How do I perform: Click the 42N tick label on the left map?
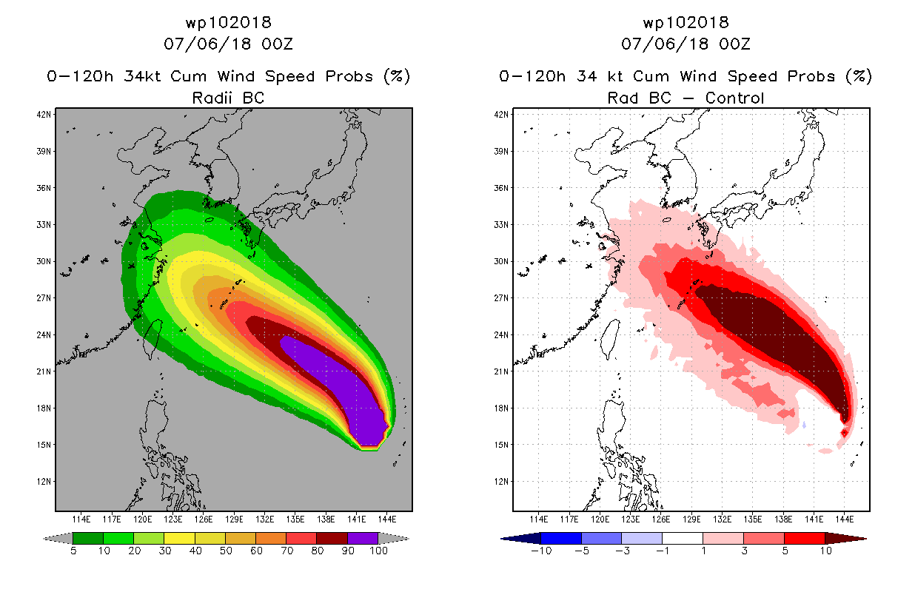point(44,114)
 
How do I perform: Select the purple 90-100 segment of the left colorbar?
point(363,538)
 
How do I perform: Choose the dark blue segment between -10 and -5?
point(561,538)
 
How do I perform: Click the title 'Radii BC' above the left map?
point(228,97)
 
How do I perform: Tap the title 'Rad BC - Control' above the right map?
point(686,97)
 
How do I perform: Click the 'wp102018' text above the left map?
point(228,23)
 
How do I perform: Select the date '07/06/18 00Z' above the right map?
point(686,44)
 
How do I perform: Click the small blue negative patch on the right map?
point(804,425)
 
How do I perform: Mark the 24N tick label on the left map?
point(44,334)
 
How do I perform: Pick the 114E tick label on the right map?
point(540,518)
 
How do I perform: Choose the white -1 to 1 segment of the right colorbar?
point(683,538)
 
